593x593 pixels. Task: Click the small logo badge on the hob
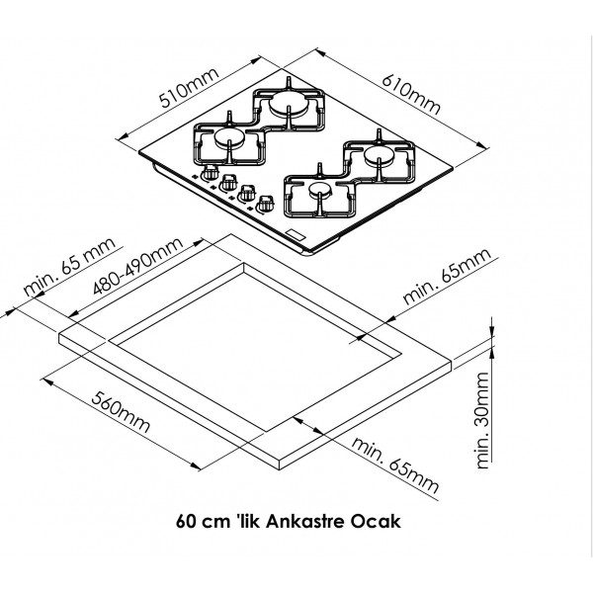(x=294, y=233)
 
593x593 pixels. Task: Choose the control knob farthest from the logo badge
(x=211, y=174)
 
